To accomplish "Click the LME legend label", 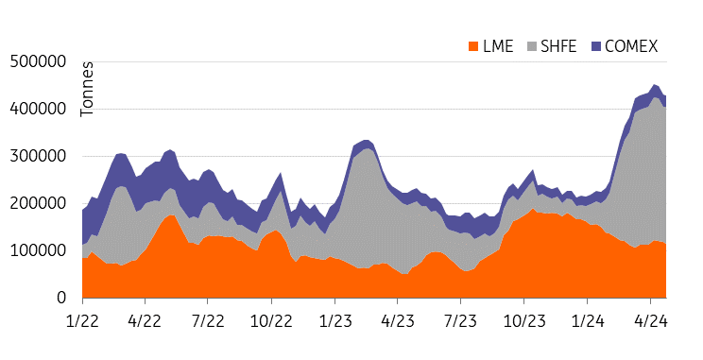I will [498, 46].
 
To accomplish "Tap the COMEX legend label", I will [631, 46].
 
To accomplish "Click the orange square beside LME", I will [473, 46].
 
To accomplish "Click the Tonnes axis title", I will [88, 91].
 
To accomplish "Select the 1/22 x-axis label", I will [82, 320].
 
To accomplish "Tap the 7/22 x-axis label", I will [209, 320].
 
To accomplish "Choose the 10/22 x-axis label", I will [272, 320].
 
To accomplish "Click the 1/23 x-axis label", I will [335, 320].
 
